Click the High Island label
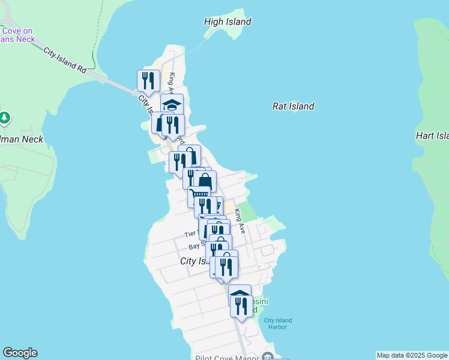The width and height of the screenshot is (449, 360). (228, 22)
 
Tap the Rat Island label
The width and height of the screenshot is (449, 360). (293, 106)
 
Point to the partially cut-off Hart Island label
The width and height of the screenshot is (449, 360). (432, 136)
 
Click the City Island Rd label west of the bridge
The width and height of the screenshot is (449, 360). (65, 60)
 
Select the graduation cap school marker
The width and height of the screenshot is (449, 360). (172, 105)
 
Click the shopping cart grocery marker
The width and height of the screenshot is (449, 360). (199, 195)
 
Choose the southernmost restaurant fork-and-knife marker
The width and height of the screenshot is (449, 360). (241, 306)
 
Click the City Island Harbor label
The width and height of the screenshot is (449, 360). (278, 324)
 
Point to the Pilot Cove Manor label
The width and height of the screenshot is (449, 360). (226, 358)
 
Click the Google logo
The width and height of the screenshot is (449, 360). (20, 353)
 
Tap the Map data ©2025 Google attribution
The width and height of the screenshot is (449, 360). (411, 355)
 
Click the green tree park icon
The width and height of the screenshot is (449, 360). (5, 118)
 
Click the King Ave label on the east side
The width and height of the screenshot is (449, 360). (240, 220)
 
